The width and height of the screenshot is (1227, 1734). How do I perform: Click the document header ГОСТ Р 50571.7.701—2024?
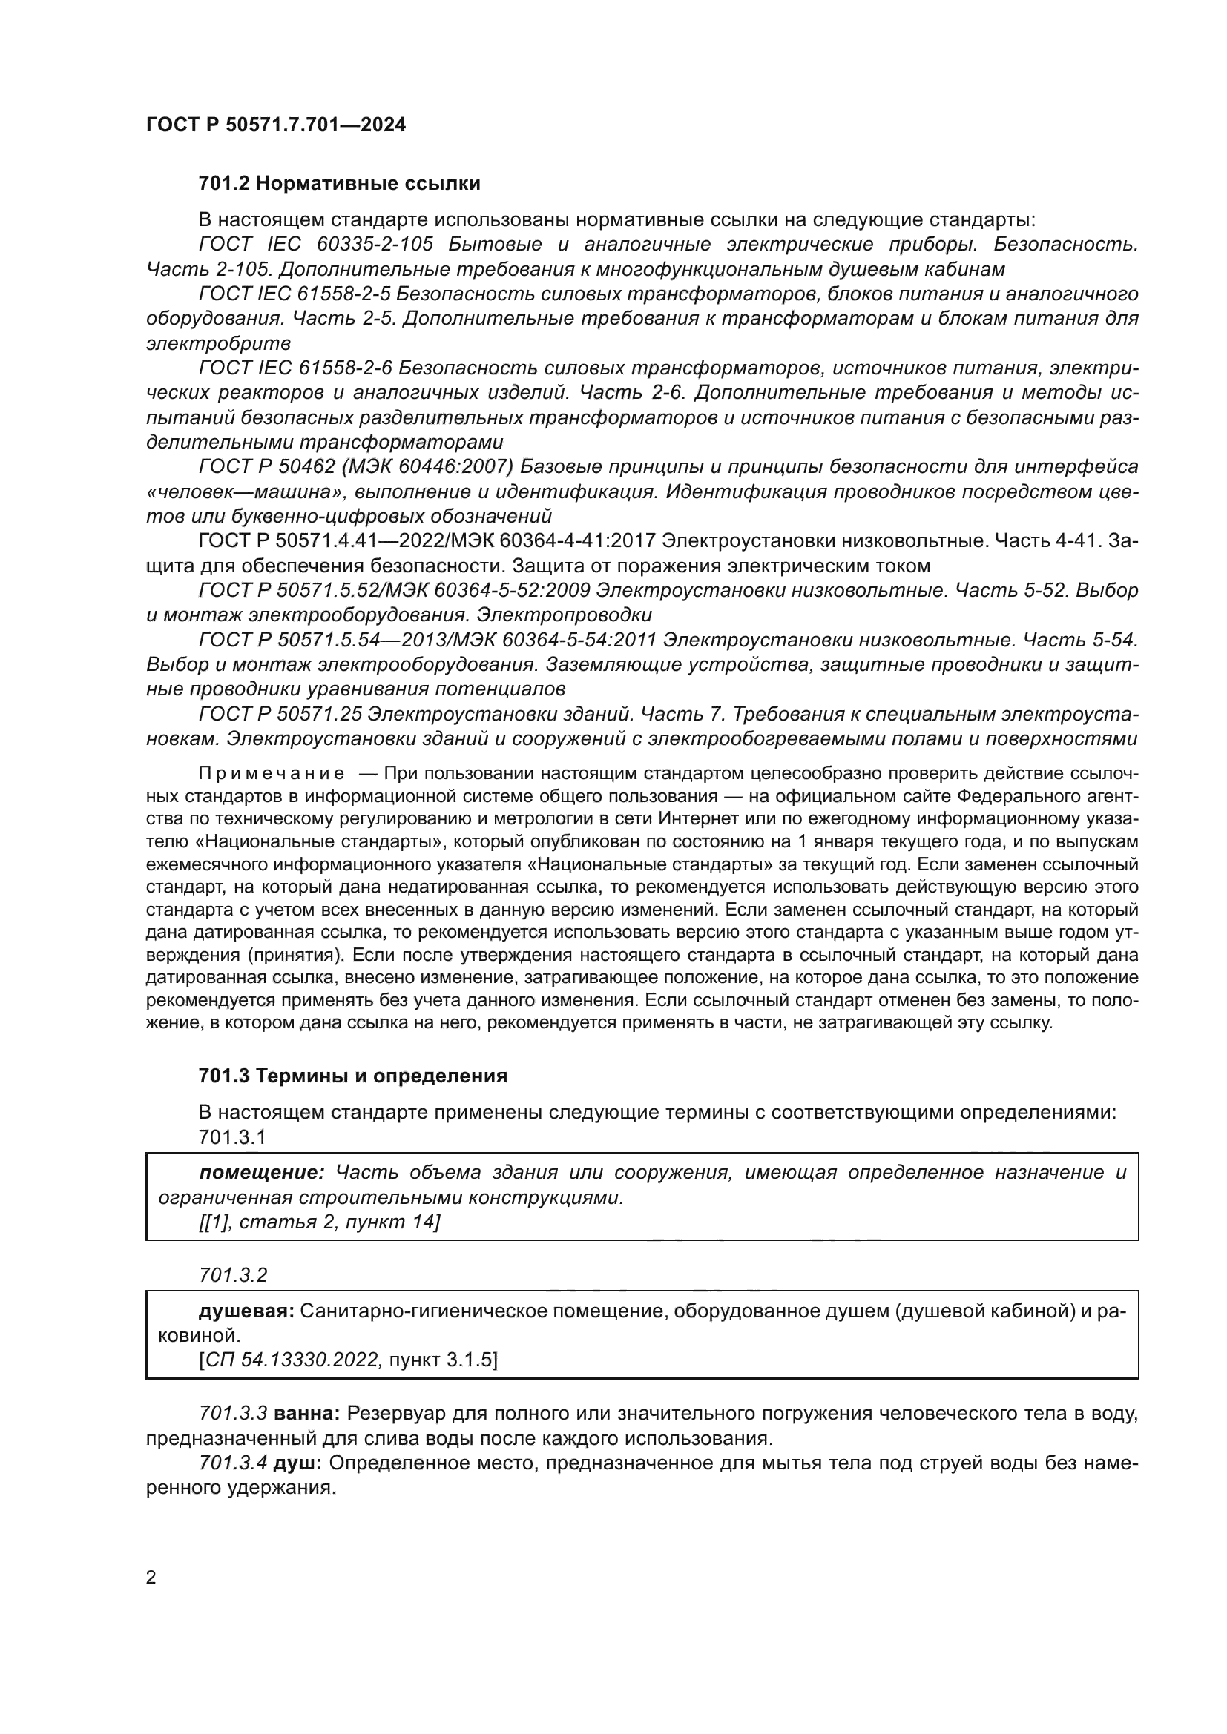tap(276, 125)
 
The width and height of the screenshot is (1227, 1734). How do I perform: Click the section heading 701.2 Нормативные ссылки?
tap(339, 184)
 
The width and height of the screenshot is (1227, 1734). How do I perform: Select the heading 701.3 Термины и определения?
tap(353, 1076)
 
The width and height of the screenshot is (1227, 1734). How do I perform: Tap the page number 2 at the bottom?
tap(151, 1577)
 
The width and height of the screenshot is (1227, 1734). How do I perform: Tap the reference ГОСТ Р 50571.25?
tap(280, 714)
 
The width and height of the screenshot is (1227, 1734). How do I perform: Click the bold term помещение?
tap(261, 1172)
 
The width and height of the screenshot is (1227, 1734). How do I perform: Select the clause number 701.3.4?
tap(232, 1463)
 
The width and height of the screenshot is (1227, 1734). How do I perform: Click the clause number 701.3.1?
tap(232, 1136)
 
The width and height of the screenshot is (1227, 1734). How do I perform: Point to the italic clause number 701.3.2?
tap(233, 1275)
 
